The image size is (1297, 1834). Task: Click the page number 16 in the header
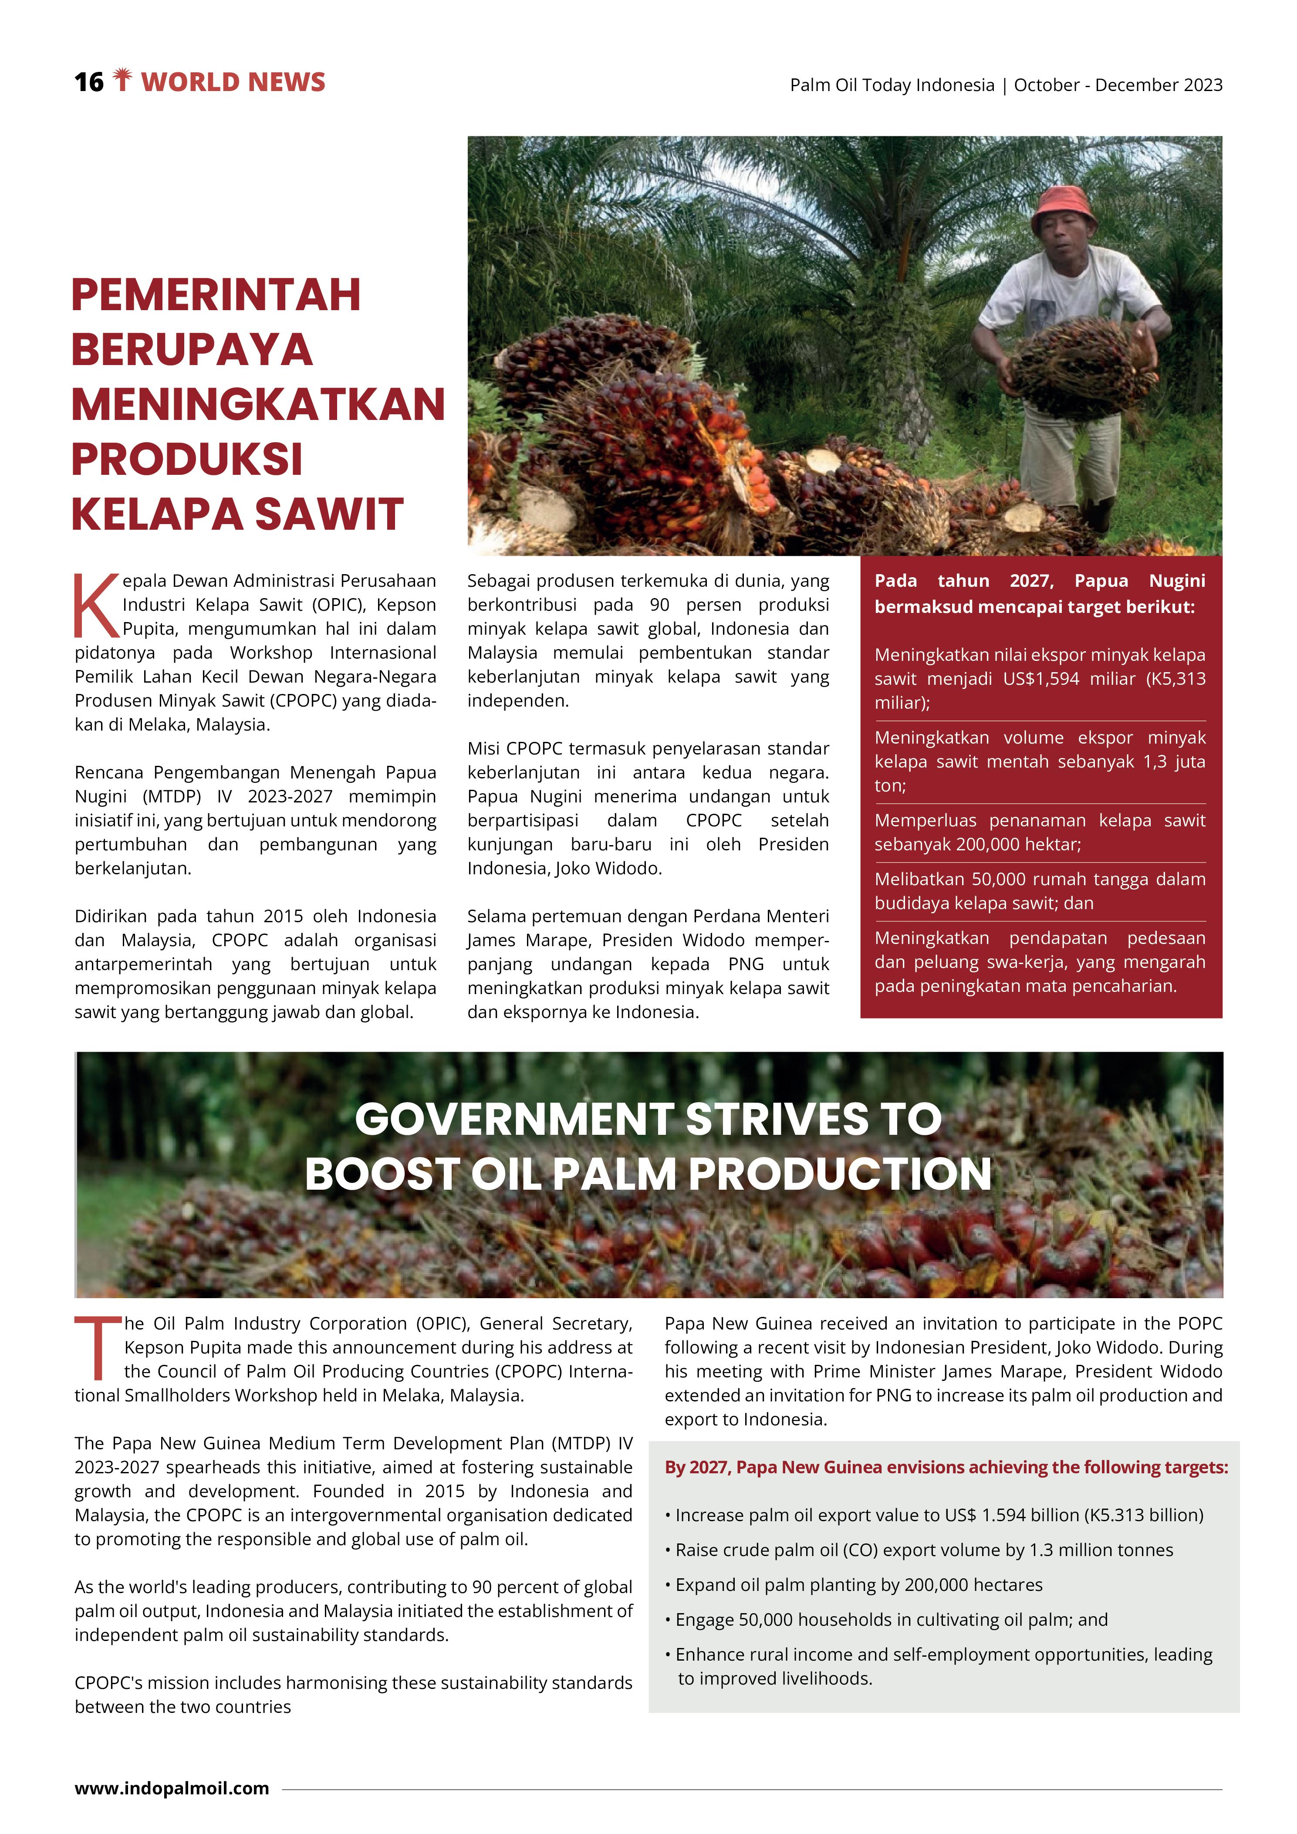coord(89,81)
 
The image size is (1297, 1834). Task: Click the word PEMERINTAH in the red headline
coord(216,295)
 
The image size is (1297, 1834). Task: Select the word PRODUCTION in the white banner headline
coord(839,1174)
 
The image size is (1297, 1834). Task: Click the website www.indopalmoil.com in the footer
coord(172,1788)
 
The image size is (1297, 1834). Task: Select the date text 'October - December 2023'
coord(1118,85)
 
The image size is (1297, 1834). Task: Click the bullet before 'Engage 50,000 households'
coord(668,1620)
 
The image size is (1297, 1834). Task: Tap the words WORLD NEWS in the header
coord(233,81)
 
